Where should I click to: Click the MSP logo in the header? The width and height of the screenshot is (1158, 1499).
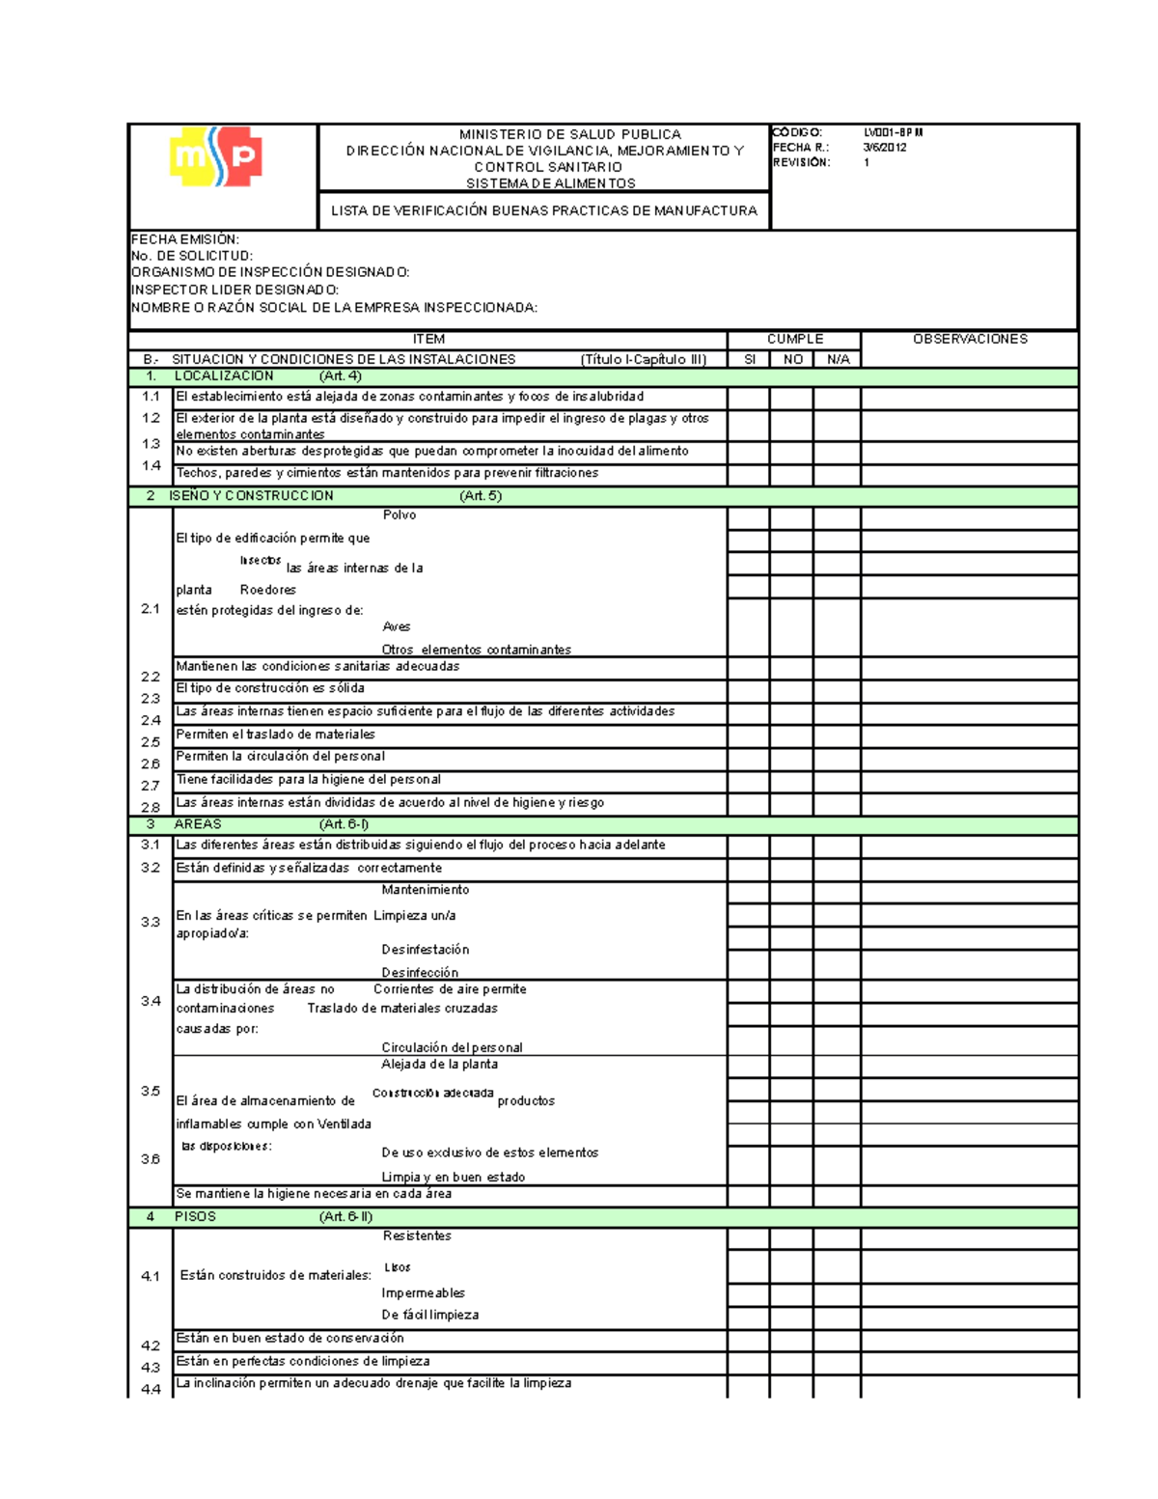click(215, 157)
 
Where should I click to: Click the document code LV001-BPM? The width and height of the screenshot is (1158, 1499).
click(894, 132)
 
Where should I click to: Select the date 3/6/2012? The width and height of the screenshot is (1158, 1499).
click(884, 148)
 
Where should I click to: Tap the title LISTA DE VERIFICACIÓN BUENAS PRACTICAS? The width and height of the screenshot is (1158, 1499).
click(543, 210)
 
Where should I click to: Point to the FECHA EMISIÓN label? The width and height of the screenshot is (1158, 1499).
click(184, 239)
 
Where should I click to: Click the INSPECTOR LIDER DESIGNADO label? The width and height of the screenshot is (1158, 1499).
click(234, 290)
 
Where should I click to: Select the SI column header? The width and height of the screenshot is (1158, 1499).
click(749, 359)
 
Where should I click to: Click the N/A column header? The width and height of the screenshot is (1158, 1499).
click(838, 359)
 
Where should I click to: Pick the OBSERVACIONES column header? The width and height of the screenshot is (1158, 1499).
click(969, 339)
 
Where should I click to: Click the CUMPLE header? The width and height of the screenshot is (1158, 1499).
click(794, 339)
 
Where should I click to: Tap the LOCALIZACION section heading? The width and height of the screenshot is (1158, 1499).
click(223, 376)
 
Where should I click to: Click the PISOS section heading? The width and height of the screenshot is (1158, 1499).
click(195, 1216)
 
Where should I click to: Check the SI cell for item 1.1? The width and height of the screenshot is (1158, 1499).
click(749, 398)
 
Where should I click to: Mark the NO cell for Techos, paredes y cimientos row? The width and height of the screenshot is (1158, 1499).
click(791, 474)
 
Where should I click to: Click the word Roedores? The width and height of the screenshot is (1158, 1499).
click(267, 590)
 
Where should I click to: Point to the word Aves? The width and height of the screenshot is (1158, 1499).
click(396, 626)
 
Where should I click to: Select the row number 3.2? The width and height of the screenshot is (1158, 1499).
click(151, 868)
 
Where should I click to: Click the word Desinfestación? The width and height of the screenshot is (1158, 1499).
click(425, 950)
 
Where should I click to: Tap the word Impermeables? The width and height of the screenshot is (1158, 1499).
click(423, 1293)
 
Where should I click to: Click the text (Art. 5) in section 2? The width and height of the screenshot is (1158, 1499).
click(481, 496)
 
